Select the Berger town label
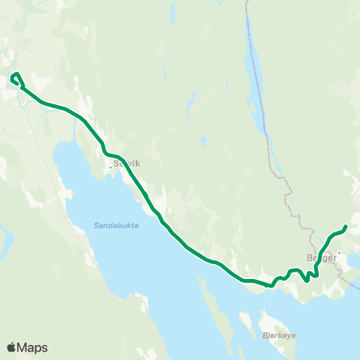tap(321, 256)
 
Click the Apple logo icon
tap(12, 347)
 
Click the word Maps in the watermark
tap(33, 347)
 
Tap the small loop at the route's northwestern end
tap(16, 78)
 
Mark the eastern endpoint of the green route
tap(345, 226)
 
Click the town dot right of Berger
tap(338, 253)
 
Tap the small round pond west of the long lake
tap(203, 139)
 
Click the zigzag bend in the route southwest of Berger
tap(307, 276)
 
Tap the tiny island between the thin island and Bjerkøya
tap(245, 319)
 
